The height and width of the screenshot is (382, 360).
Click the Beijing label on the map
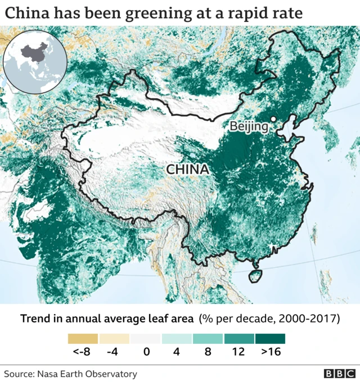[249, 126]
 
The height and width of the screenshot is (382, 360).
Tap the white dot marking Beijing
[273, 119]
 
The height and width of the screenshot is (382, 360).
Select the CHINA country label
[187, 169]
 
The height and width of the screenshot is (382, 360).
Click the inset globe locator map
[35, 62]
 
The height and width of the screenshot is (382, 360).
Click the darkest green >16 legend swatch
[270, 339]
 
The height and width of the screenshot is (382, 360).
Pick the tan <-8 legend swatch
[83, 339]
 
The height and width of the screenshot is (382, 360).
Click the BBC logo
[339, 374]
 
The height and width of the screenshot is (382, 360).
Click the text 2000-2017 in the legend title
[312, 319]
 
